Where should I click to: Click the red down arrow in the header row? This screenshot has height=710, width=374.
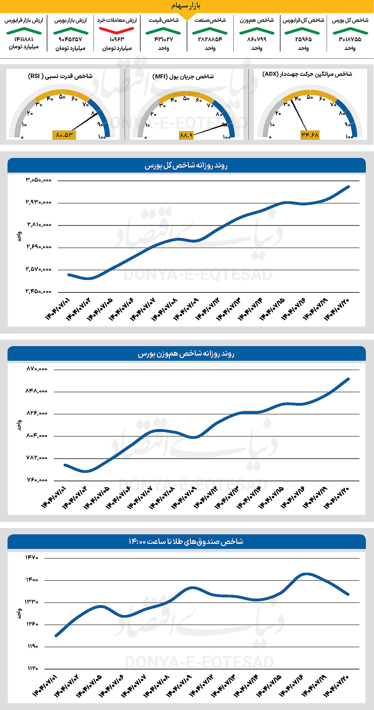pos(117,30)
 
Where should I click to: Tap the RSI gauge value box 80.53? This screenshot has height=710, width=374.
pos(64,135)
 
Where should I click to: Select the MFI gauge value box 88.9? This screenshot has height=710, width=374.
pos(186,135)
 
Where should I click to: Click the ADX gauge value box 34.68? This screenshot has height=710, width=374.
pos(310,135)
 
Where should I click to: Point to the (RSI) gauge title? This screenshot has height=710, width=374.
pos(60,76)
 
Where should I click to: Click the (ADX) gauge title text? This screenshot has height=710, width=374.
pos(307,74)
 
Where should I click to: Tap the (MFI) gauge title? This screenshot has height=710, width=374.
pos(183,76)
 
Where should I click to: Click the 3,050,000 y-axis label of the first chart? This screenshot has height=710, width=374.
pos(39,180)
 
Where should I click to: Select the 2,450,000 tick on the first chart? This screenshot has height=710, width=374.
pos(39,291)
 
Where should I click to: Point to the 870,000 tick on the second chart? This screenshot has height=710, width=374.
pos(37,369)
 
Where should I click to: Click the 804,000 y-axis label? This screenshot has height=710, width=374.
pos(37,436)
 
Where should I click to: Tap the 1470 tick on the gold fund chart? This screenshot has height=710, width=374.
pos(32,557)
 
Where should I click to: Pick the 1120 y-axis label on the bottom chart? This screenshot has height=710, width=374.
pos(32,668)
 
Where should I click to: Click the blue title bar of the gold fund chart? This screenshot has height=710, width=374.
pos(186,541)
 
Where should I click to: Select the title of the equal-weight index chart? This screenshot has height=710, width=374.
pos(186,354)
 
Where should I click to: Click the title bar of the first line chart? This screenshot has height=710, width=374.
pos(186,166)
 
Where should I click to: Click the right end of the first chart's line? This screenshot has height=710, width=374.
pos(348,187)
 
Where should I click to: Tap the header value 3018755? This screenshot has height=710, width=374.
pos(350,39)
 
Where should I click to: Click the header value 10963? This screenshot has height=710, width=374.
pos(117,39)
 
